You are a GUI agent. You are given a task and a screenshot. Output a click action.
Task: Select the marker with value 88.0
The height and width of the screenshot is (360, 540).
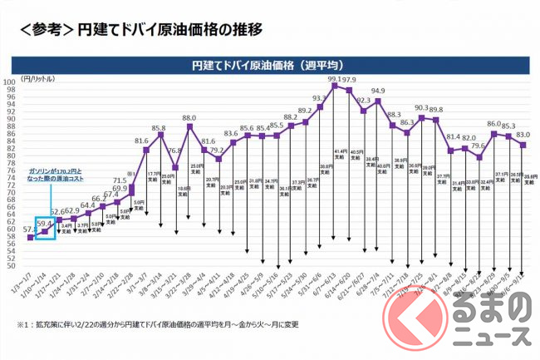(189, 126)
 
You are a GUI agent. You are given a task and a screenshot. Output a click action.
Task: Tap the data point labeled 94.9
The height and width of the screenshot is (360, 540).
(378, 101)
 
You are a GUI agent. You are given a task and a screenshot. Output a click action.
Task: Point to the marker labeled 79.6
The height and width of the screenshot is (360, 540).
(479, 156)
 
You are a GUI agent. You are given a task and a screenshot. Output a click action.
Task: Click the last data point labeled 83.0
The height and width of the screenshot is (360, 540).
(523, 145)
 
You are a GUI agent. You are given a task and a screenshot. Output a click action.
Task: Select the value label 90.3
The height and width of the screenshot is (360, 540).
(421, 108)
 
